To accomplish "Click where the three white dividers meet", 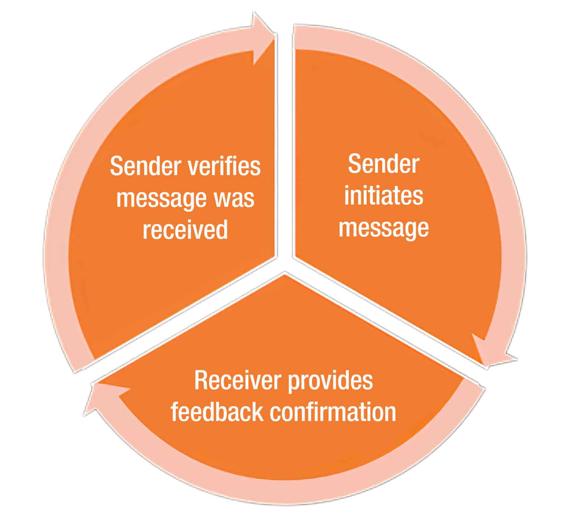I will coord(285,264).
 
